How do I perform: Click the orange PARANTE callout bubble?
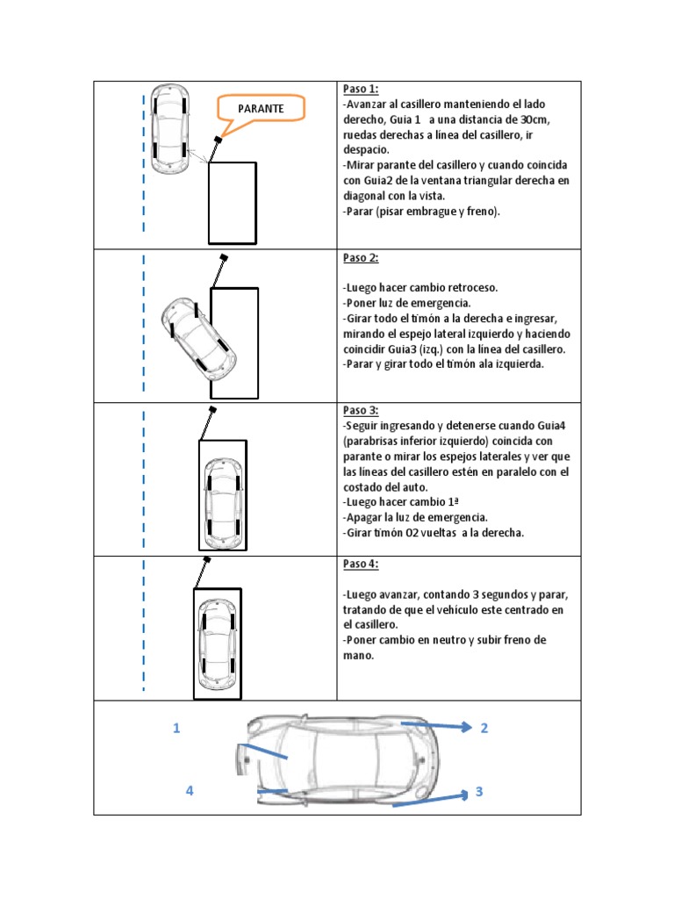261,109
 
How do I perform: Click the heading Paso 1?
360,90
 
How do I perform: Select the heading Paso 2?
360,258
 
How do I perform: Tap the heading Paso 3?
360,411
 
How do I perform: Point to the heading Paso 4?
360,564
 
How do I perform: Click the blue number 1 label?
176,728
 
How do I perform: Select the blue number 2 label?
484,728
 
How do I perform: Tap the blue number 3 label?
479,791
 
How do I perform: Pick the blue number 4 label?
189,791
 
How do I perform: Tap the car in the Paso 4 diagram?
217,645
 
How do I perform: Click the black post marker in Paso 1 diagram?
218,139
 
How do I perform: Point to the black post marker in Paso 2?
224,258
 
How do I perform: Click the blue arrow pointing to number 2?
439,726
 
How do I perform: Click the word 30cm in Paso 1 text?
534,119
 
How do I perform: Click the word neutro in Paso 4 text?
447,640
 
